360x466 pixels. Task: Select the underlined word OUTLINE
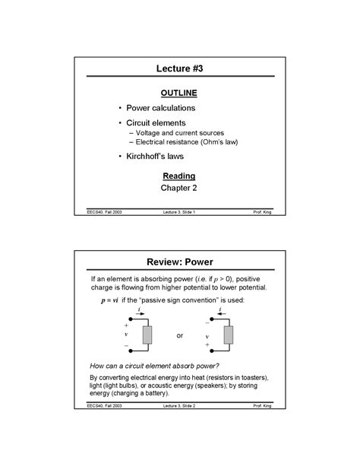(x=180, y=93)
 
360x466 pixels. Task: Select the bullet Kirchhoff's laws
(x=155, y=156)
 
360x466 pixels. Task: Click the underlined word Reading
(x=179, y=176)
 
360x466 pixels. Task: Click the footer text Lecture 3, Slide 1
(x=179, y=212)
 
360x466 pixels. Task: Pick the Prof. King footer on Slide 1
(x=263, y=212)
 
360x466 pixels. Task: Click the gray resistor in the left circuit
(x=147, y=334)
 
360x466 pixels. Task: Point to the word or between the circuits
(x=180, y=335)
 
